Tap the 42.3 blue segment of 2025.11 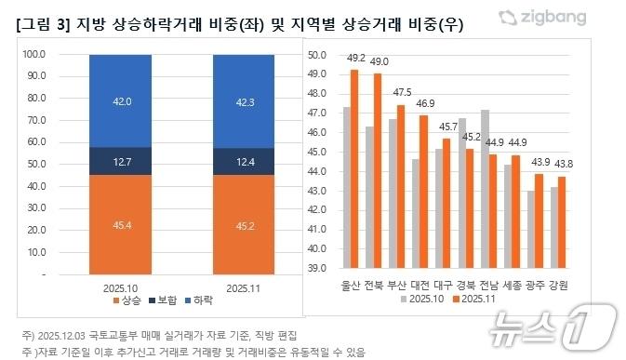click(244, 100)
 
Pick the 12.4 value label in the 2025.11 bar click(244, 161)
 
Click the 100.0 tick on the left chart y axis click(33, 54)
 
